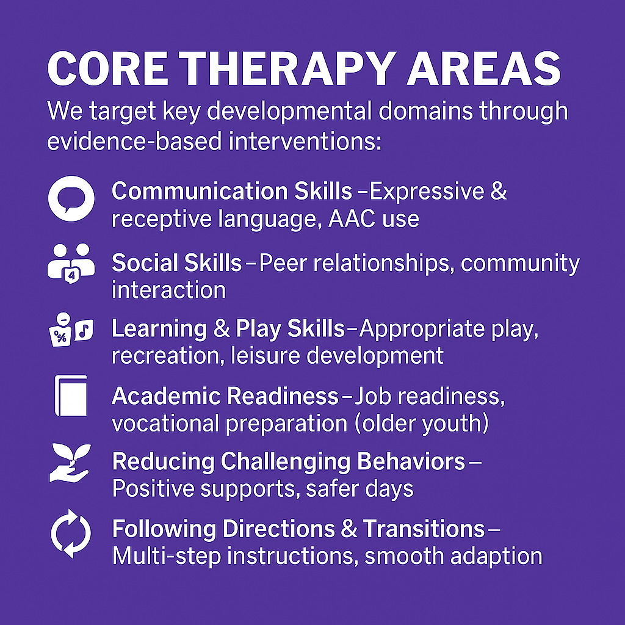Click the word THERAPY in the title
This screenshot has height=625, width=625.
[286, 68]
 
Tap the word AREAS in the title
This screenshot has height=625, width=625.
[483, 68]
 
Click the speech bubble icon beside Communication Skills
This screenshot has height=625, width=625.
[71, 198]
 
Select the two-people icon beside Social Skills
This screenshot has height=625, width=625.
[71, 264]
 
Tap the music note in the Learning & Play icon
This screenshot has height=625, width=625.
[84, 330]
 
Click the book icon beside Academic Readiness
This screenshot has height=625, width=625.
[71, 396]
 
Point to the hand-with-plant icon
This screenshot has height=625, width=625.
[70, 463]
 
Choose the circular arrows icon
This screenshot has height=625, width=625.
[71, 533]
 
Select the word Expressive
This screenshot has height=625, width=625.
[425, 191]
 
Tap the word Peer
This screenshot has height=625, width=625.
[283, 263]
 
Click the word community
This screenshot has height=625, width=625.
[520, 264]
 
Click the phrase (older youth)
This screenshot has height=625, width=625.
[422, 424]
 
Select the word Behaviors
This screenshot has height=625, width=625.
[411, 461]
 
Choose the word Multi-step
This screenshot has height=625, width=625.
[167, 557]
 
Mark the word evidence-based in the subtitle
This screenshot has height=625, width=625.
[134, 142]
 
